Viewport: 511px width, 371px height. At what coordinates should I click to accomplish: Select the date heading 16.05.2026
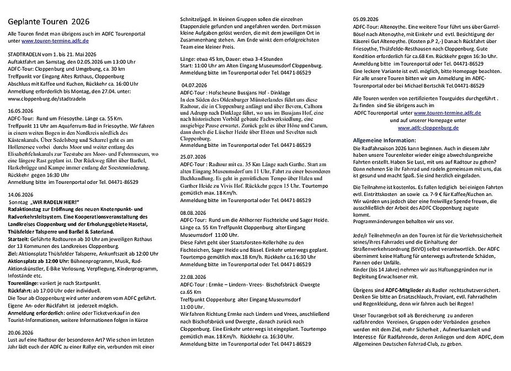coord(22,110)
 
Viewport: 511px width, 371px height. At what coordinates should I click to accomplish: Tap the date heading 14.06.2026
coord(22,195)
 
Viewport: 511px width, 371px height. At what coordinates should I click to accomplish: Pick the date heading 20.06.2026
coord(22,332)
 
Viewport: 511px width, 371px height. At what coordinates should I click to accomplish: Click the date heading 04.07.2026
coord(194,85)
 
